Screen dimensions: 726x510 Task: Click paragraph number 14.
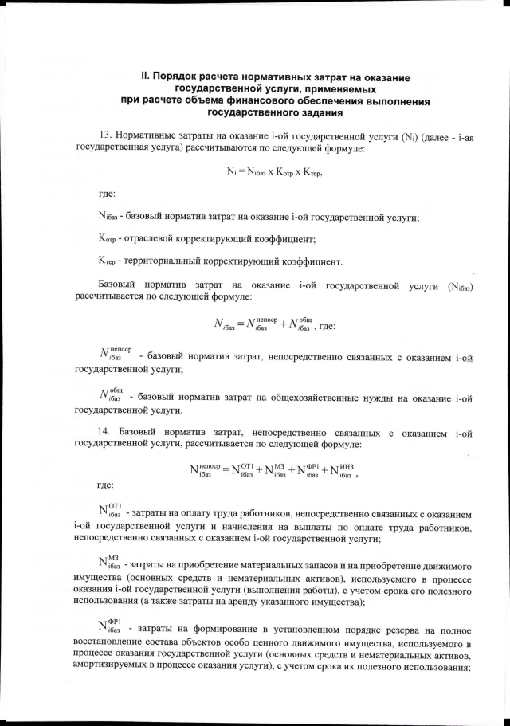tap(106, 433)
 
